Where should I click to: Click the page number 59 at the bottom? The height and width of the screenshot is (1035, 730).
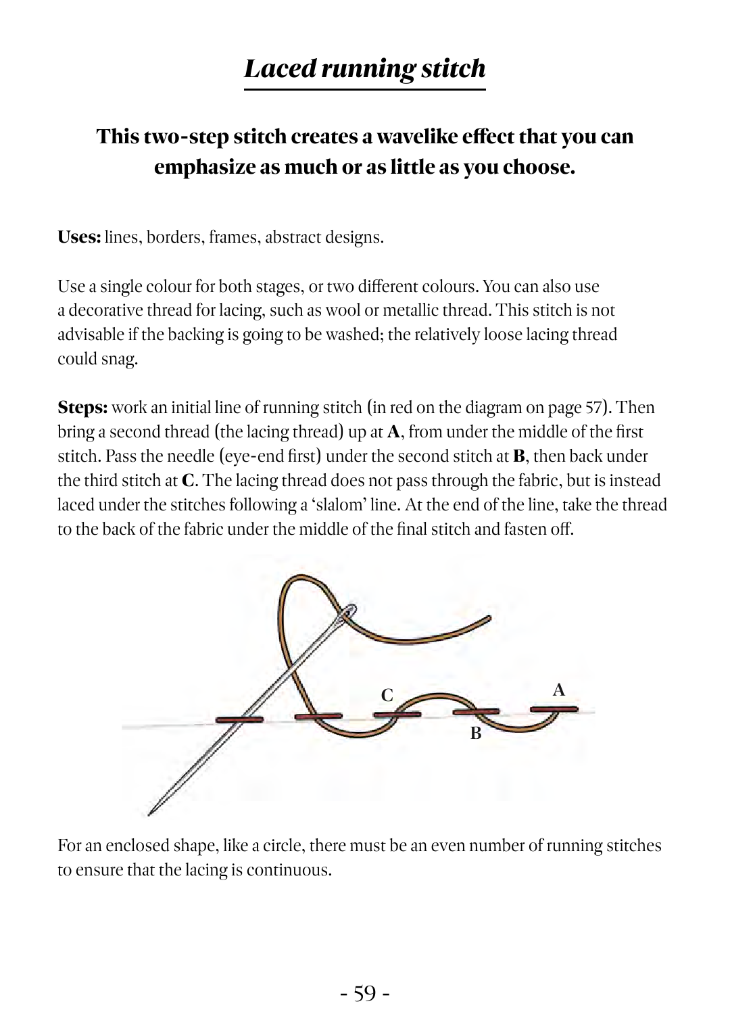pos(364,994)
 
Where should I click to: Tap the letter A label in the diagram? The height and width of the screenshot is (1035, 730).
pos(558,690)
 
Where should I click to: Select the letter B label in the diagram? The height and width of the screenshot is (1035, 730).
pos(476,733)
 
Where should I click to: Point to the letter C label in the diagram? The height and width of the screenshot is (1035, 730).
pos(387,696)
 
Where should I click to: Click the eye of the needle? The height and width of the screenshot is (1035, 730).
pos(349,612)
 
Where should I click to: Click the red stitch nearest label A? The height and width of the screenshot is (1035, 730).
pos(554,709)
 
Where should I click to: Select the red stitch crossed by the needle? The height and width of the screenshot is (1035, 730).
pos(239,719)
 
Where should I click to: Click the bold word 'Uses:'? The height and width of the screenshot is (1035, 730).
pos(79,237)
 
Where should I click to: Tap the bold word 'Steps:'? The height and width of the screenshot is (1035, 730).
pos(82,408)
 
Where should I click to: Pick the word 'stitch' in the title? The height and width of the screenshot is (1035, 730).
pos(453,69)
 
